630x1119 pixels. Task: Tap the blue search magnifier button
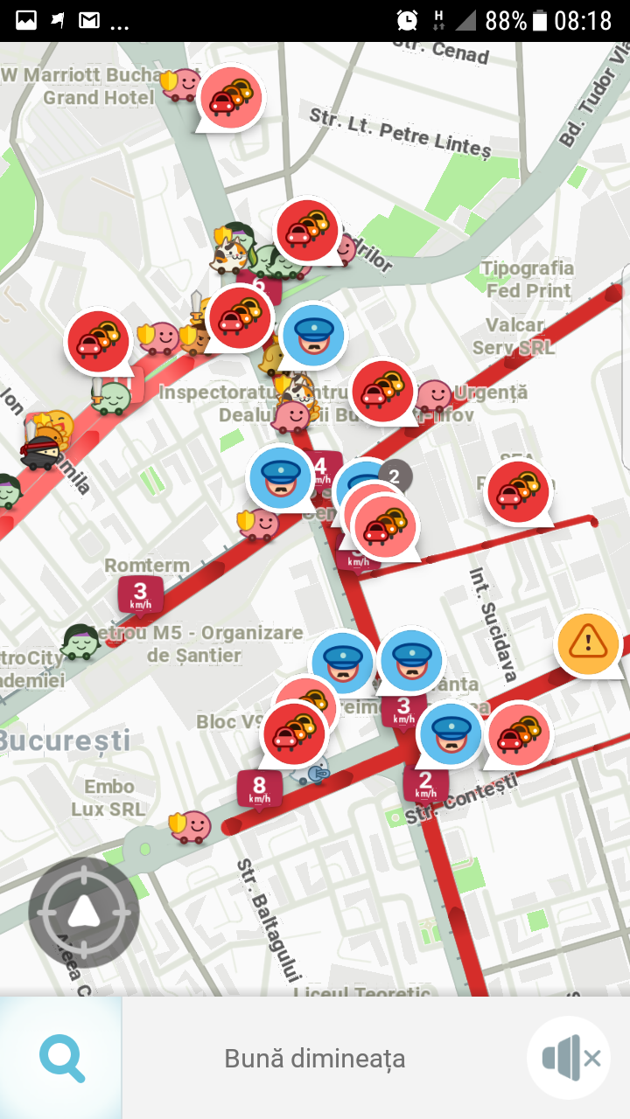pyautogui.click(x=62, y=1058)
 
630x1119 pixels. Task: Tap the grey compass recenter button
pyautogui.click(x=83, y=912)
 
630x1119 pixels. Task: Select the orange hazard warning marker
pyautogui.click(x=588, y=643)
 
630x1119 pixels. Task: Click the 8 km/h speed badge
pyautogui.click(x=259, y=789)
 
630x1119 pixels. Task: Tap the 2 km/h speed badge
pyautogui.click(x=425, y=783)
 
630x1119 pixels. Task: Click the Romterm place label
pyautogui.click(x=147, y=566)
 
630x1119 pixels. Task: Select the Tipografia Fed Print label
pyautogui.click(x=528, y=279)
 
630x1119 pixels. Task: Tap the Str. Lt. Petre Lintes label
pyautogui.click(x=399, y=132)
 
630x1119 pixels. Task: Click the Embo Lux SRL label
pyautogui.click(x=108, y=798)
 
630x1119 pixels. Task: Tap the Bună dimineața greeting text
pyautogui.click(x=315, y=1059)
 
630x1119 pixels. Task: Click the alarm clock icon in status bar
pyautogui.click(x=407, y=20)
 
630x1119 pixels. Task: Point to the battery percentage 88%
pyautogui.click(x=505, y=20)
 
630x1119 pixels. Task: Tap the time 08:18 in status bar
pyautogui.click(x=583, y=20)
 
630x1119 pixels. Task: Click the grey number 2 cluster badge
pyautogui.click(x=395, y=476)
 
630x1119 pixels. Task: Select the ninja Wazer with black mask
pyautogui.click(x=40, y=451)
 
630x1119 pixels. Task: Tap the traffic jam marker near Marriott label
pyautogui.click(x=231, y=99)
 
